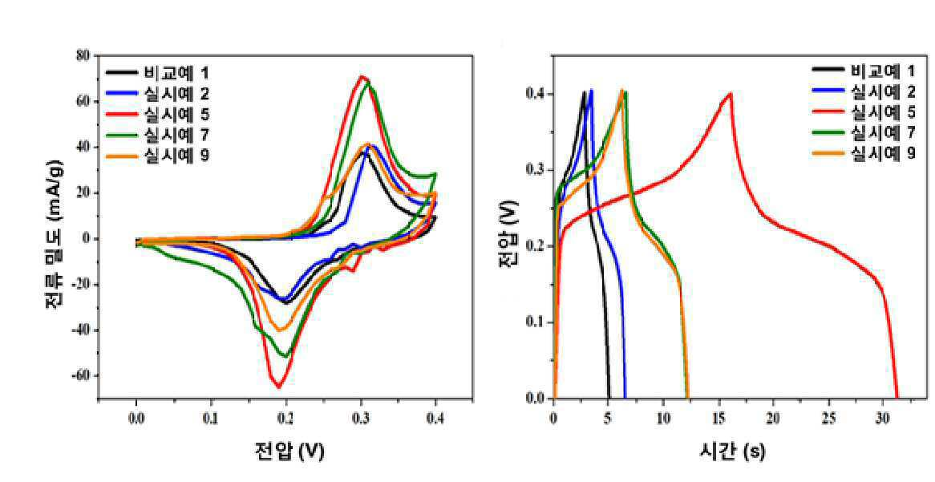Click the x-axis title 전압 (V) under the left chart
[x=289, y=451]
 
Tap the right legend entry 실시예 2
[x=864, y=91]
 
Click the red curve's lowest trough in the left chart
[x=279, y=387]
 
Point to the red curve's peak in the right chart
[x=731, y=93]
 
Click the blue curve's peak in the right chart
[x=591, y=90]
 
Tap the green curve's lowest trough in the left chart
[x=287, y=357]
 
